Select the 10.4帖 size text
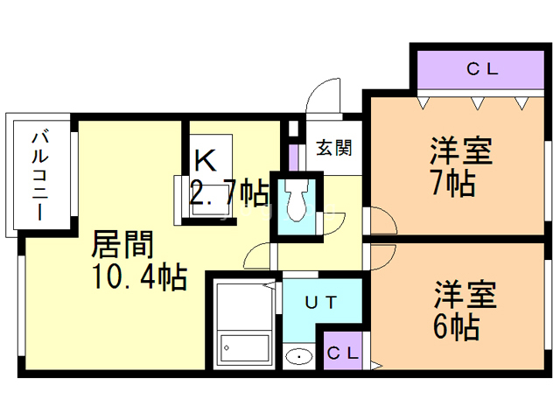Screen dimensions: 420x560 [x=139, y=276]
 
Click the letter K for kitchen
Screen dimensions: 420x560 [x=205, y=160]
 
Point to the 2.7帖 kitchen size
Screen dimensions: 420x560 [x=228, y=191]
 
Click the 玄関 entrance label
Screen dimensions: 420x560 [x=333, y=148]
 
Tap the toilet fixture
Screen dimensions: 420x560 [x=295, y=203]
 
